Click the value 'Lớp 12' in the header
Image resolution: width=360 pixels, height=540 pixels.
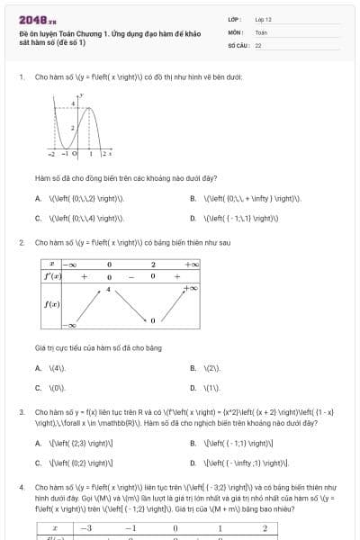263,19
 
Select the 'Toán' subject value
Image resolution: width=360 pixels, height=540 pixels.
261,31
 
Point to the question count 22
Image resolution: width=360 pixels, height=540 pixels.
258,44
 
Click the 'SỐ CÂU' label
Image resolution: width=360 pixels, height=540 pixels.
238,44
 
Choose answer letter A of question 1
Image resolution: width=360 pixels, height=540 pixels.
38,198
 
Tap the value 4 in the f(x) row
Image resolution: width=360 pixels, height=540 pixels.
108,289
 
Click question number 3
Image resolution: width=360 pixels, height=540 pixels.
21,411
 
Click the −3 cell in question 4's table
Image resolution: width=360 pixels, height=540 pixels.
87,527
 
